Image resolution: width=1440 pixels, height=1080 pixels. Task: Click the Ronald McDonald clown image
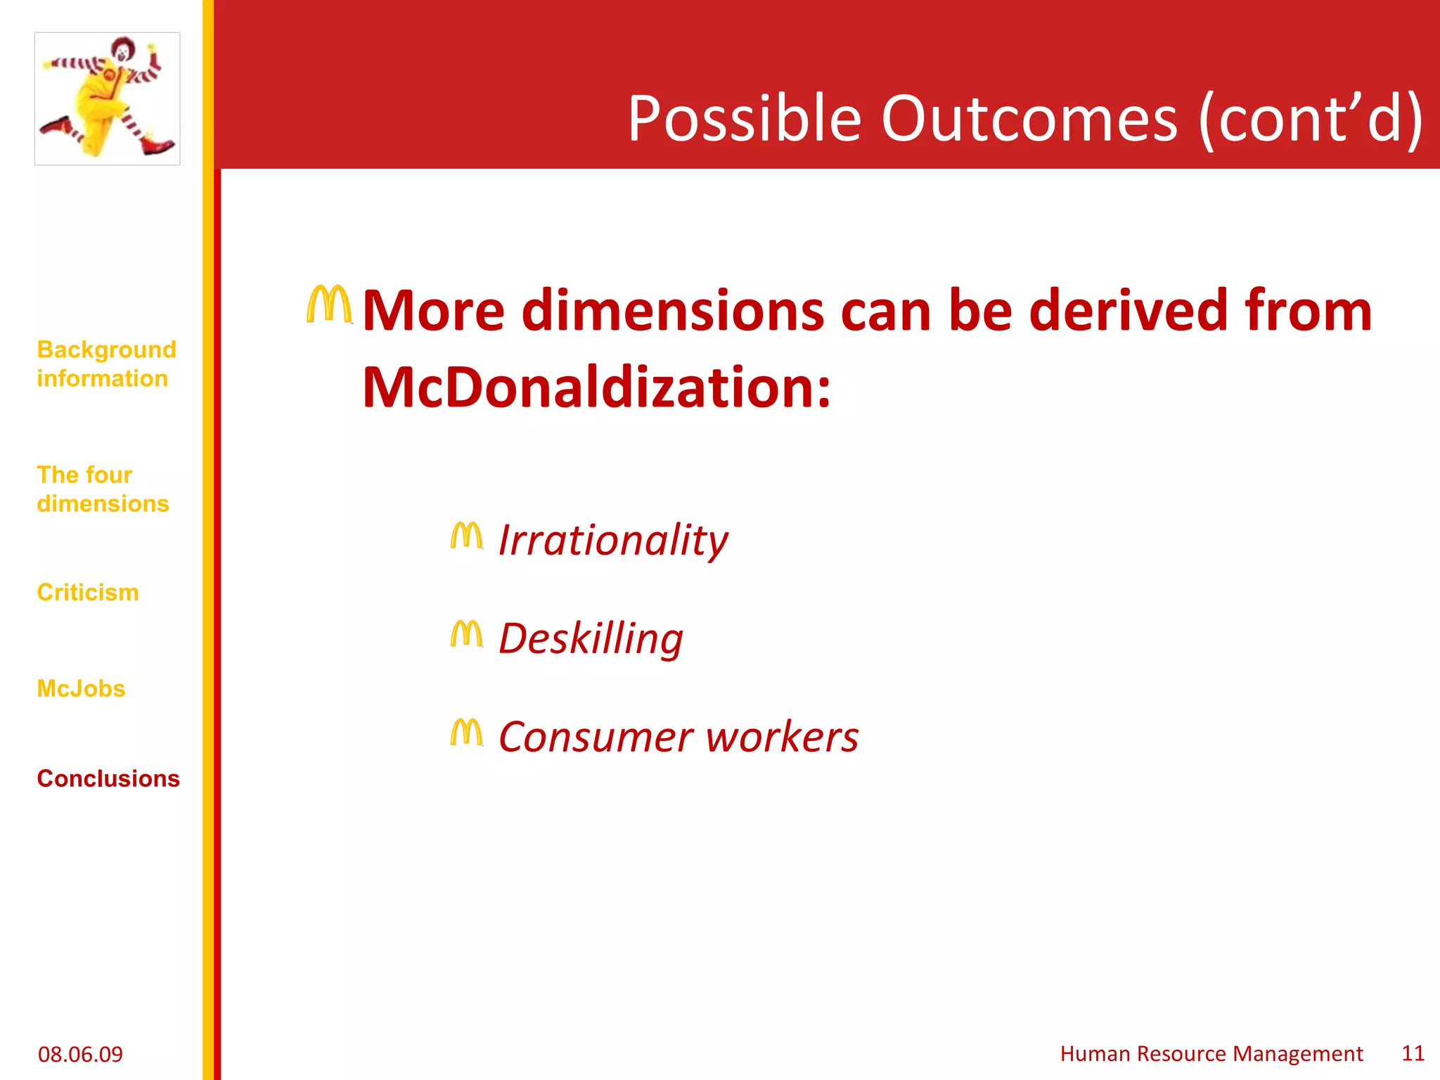click(107, 98)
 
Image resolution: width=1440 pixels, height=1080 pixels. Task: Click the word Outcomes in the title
click(1029, 119)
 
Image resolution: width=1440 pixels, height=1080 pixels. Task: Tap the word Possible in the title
click(745, 119)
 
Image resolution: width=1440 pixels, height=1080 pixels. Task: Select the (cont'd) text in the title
click(1311, 119)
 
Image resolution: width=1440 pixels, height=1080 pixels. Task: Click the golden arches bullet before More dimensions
click(328, 304)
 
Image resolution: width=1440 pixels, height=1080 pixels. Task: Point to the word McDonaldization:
click(596, 387)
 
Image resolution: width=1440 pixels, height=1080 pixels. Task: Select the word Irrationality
click(613, 541)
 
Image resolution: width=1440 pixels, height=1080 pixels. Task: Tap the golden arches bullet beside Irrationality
click(467, 536)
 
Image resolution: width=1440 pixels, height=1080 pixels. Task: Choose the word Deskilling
click(591, 639)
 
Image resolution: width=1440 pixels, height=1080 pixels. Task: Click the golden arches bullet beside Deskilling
click(467, 634)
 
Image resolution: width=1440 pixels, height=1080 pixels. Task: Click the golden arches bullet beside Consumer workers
click(467, 733)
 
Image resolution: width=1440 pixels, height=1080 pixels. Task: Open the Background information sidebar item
click(106, 364)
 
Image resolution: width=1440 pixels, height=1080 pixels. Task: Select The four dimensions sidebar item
click(103, 489)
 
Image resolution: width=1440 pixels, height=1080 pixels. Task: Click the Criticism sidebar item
click(88, 593)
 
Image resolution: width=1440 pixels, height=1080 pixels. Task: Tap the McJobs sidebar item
click(81, 689)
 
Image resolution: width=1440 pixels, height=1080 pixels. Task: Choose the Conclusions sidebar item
click(108, 779)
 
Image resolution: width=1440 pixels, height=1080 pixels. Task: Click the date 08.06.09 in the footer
click(80, 1054)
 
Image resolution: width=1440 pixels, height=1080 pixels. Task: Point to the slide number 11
click(1413, 1053)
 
